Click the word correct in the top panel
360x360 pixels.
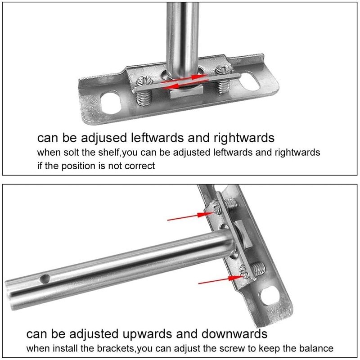139,166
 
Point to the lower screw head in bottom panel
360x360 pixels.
246,271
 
